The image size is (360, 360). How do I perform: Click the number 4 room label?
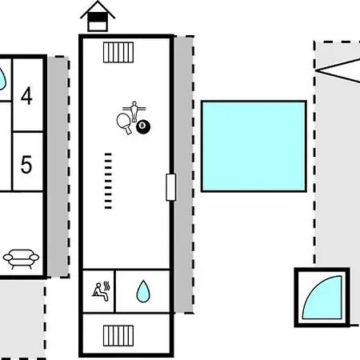(26, 96)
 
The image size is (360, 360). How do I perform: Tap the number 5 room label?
(26, 165)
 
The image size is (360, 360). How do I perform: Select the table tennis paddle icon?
(124, 123)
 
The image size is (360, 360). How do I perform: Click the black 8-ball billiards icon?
(143, 126)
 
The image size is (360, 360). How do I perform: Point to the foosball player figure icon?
(134, 110)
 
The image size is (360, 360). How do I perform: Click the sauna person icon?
(101, 291)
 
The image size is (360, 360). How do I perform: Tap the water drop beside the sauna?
(143, 291)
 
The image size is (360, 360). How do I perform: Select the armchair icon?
(21, 258)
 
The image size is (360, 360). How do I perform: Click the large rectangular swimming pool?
(254, 146)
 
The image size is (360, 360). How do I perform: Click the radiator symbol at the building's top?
(118, 52)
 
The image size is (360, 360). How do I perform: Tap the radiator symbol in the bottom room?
(118, 335)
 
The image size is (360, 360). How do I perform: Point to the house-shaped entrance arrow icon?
(98, 16)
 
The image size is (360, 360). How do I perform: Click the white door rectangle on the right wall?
(170, 187)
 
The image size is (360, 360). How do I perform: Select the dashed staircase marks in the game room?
(108, 181)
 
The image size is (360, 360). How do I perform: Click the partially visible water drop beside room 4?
(2, 79)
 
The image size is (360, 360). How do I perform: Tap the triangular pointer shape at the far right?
(338, 70)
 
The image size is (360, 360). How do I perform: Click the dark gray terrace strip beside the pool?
(183, 174)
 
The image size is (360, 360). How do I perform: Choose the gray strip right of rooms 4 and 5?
(58, 167)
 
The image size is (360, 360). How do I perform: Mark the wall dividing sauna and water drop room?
(114, 291)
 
